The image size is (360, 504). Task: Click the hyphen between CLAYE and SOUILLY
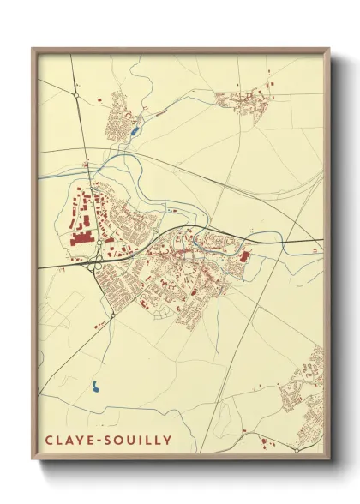(x=102, y=441)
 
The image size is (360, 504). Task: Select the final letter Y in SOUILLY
(x=168, y=441)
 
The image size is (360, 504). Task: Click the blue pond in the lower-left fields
(x=95, y=388)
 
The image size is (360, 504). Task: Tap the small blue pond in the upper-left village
(x=135, y=131)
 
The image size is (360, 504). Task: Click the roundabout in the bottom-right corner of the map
(x=296, y=448)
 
